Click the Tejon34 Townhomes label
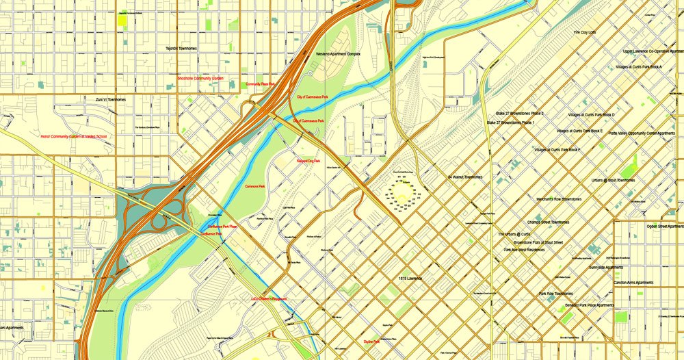coord(181,49)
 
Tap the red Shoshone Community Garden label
coord(200,78)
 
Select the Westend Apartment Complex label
coord(338,53)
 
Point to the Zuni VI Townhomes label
coord(111,99)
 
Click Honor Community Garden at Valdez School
coord(74,136)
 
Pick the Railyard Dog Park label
coord(308,161)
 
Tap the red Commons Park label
coord(254,185)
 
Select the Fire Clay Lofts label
coord(585,32)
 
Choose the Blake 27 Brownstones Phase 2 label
coord(520,113)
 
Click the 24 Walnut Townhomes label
coord(465,177)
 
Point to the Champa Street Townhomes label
coord(549,222)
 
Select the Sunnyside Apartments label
coord(606,267)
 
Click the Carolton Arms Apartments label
coord(633,282)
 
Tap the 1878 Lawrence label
coord(411,279)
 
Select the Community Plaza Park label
coord(260,84)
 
